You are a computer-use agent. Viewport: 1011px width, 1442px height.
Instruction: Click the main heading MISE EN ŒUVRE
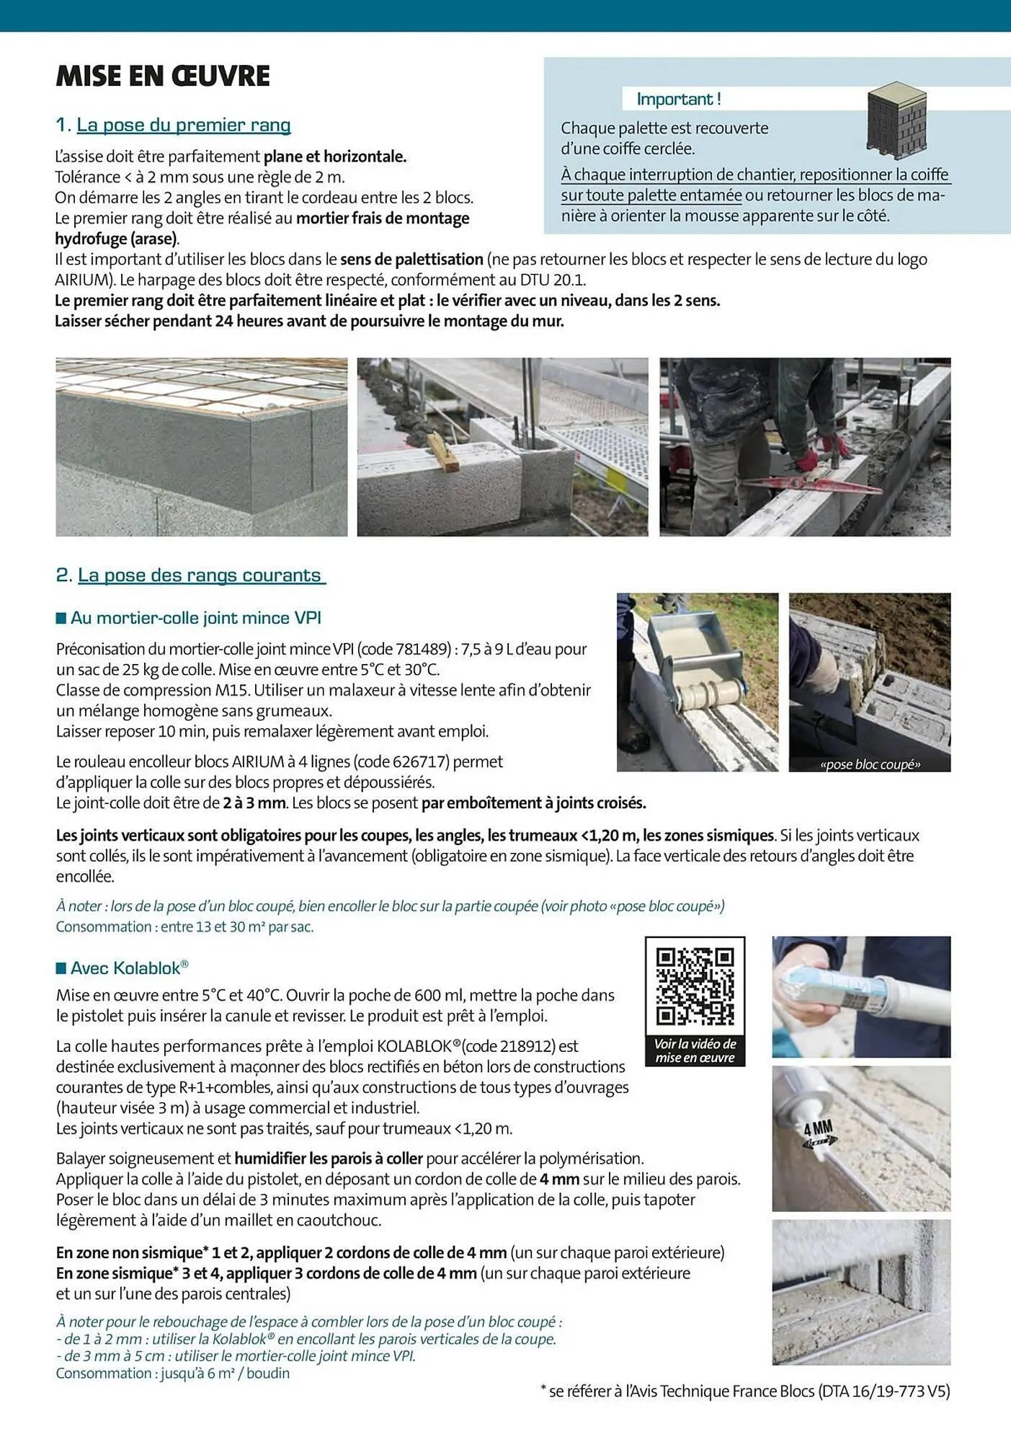[163, 76]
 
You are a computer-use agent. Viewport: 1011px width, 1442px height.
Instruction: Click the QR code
[695, 986]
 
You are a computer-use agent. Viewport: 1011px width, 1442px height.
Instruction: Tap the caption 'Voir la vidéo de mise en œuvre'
[695, 1050]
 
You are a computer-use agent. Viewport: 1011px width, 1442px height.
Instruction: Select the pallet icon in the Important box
[896, 121]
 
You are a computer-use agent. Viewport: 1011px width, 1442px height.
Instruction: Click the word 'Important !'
[678, 99]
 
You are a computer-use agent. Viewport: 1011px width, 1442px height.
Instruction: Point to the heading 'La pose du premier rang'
[183, 125]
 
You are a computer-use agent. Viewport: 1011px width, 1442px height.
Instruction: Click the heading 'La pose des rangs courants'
[201, 575]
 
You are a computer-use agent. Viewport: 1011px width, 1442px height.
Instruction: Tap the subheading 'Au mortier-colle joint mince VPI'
[195, 617]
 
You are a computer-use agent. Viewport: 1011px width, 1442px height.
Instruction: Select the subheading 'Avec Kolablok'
[129, 968]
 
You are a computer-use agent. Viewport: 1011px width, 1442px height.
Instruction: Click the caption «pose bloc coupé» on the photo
[870, 764]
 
